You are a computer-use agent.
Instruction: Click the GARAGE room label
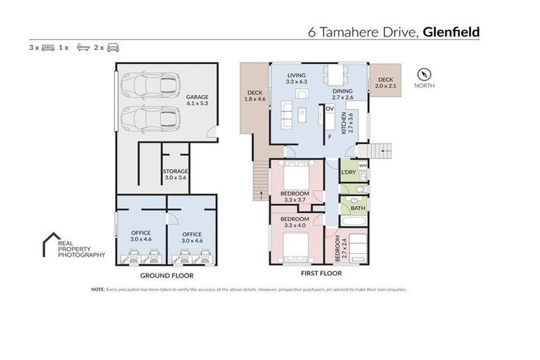[196, 98]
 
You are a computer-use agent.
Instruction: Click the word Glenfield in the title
[451, 32]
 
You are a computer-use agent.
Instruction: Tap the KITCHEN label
[344, 124]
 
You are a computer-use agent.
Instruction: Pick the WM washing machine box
[363, 166]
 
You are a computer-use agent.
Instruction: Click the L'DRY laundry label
[348, 173]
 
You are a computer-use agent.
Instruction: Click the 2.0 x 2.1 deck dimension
[385, 85]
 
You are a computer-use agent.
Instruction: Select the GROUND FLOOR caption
[162, 276]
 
